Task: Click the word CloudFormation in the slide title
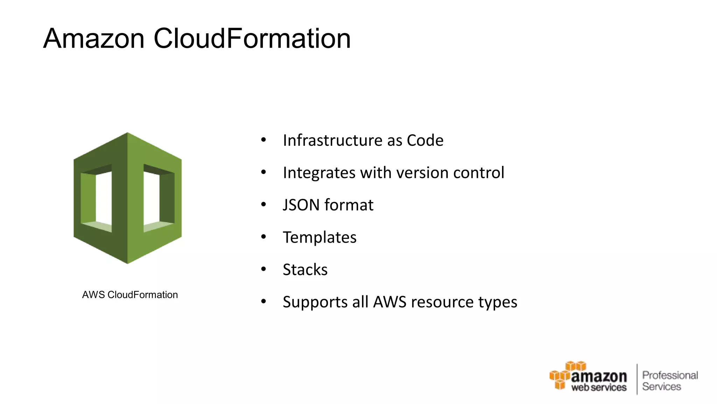point(252,38)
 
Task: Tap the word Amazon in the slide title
point(94,38)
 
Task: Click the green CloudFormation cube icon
point(127,198)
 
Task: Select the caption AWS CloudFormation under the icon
point(130,295)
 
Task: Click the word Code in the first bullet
point(425,140)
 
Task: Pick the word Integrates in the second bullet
point(319,173)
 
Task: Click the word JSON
point(301,205)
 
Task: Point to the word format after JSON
point(349,205)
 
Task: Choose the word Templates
point(320,237)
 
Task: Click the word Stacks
point(305,270)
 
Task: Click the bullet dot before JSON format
point(264,204)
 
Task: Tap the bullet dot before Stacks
point(264,269)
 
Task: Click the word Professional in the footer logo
point(670,375)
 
